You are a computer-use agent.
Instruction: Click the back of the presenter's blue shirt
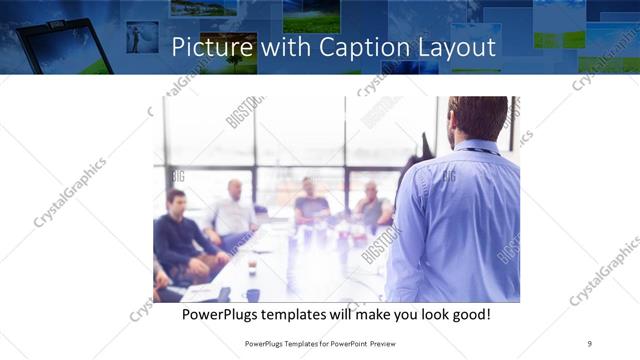pos(460,220)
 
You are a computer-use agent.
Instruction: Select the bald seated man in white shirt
pos(233,209)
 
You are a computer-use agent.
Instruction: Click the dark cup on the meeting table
pos(253,294)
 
